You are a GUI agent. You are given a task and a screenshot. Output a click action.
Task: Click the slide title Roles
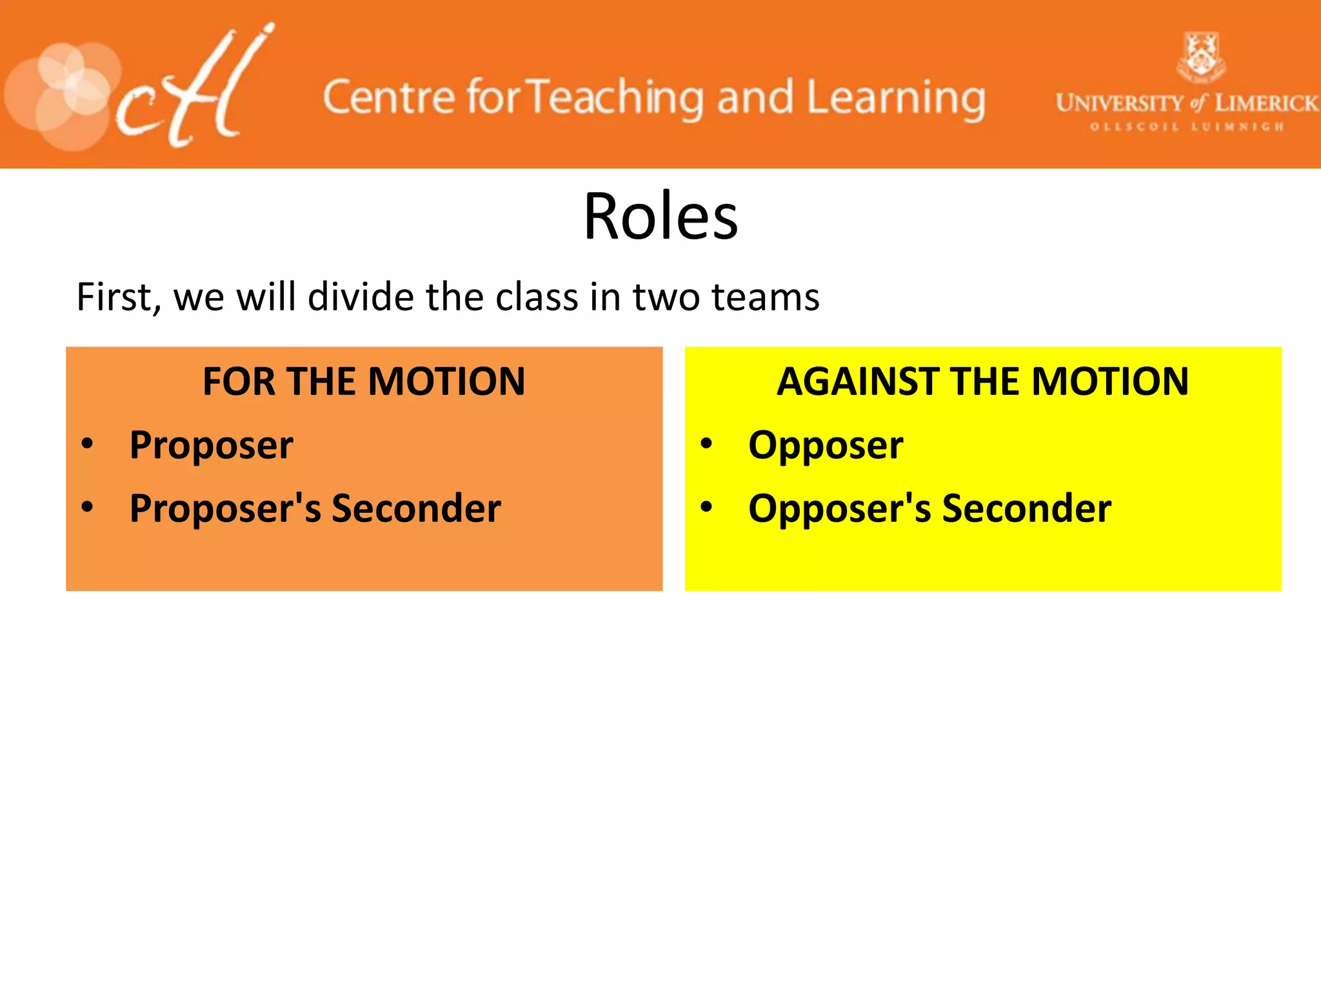tap(660, 217)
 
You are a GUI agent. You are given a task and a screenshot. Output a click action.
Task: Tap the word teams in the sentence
tap(765, 298)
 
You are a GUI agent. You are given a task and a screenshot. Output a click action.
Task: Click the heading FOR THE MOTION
tap(364, 381)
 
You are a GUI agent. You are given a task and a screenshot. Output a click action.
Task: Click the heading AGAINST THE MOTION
tap(982, 381)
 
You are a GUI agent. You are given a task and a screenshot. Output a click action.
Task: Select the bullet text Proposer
tap(211, 446)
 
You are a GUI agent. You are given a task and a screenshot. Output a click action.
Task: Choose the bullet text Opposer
tap(826, 446)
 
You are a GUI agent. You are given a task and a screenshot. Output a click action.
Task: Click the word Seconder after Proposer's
tap(416, 509)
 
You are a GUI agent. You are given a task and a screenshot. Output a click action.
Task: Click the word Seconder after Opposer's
tap(1026, 509)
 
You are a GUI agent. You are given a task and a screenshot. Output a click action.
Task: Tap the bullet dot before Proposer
tap(88, 444)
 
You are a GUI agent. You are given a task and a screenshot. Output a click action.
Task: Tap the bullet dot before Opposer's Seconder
tap(707, 507)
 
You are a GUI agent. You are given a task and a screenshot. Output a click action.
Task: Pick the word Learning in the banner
tap(896, 98)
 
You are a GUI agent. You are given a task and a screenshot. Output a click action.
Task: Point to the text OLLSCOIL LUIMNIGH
tap(1186, 127)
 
